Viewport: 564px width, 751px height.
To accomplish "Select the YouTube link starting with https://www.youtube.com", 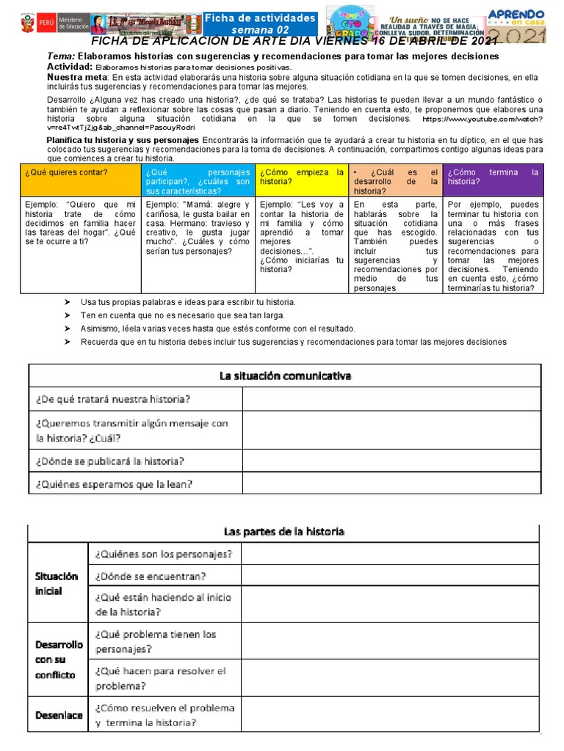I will (x=482, y=119).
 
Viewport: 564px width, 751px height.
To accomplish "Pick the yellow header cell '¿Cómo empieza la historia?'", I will (x=301, y=177).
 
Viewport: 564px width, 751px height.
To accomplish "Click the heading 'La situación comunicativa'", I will (x=286, y=376).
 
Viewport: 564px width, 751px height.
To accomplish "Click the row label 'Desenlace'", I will (x=59, y=714).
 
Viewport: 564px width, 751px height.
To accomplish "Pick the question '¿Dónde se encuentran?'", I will (x=151, y=576).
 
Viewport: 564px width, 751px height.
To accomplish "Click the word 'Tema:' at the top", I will (x=59, y=56).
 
